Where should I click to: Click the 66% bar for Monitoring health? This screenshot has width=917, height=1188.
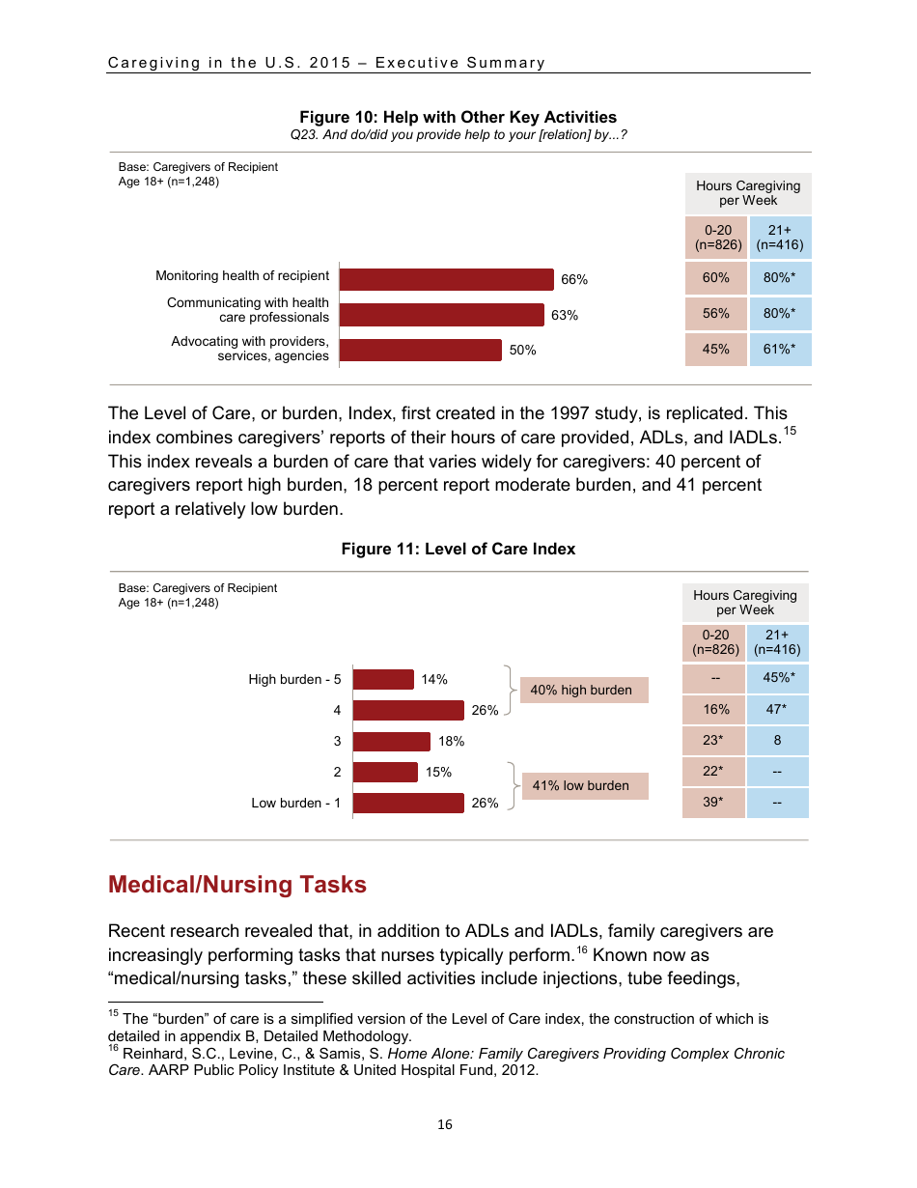point(446,279)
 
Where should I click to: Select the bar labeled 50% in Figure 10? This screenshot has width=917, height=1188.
point(421,350)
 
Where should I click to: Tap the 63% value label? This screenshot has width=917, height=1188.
point(565,315)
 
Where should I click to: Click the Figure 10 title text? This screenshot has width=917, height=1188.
point(458,117)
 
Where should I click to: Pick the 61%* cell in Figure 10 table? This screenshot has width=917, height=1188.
point(779,350)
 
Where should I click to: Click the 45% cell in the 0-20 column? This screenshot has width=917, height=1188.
point(715,350)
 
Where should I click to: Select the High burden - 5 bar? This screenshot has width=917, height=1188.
point(383,679)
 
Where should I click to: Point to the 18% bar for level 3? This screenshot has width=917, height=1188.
point(392,741)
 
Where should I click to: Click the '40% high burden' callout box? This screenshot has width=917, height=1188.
point(582,690)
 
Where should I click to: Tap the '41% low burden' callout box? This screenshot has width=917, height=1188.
point(581,785)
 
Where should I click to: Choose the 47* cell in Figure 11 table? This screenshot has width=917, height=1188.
point(777,709)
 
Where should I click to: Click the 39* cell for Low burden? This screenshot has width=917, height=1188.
point(712,802)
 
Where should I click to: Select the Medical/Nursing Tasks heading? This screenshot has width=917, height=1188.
point(237,884)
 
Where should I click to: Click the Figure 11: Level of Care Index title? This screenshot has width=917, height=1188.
point(458,549)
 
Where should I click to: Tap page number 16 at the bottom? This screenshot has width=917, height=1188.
point(445,1124)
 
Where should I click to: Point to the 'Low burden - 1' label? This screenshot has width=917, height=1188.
point(295,803)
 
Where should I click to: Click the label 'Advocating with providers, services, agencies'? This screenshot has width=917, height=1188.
point(250,349)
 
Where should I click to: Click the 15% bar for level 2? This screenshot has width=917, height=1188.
point(385,772)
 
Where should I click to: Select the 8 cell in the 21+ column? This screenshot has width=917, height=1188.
point(777,741)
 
